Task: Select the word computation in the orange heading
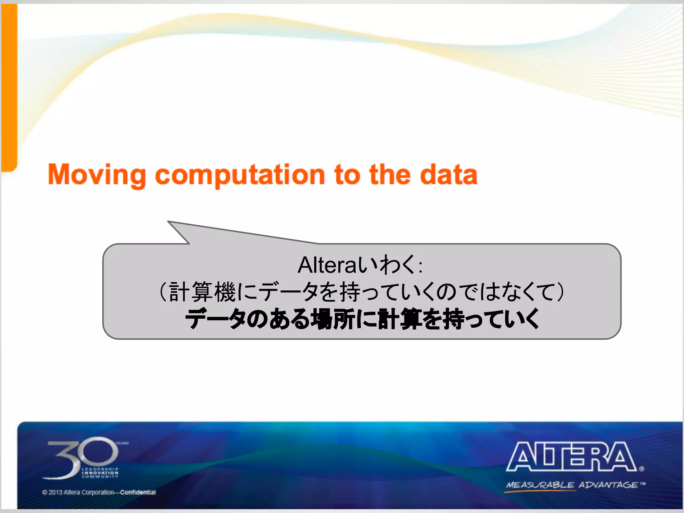[240, 175]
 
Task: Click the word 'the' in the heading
[390, 174]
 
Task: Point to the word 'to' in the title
[347, 175]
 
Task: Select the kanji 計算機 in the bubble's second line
[202, 292]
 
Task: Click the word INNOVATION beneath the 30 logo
[100, 473]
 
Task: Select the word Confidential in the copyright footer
[138, 492]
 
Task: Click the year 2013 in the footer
[55, 492]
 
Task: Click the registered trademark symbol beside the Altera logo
[642, 469]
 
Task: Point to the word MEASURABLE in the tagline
[540, 485]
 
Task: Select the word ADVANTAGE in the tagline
[608, 485]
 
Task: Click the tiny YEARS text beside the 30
[122, 443]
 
